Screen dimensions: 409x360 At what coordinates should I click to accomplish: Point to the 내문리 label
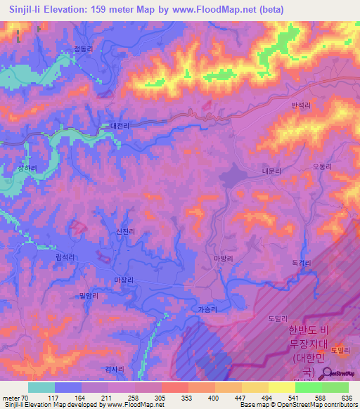[x=271, y=171]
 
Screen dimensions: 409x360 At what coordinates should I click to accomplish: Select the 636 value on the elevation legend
[x=345, y=396]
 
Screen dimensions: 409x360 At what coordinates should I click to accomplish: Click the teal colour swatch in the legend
[x=41, y=387]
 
